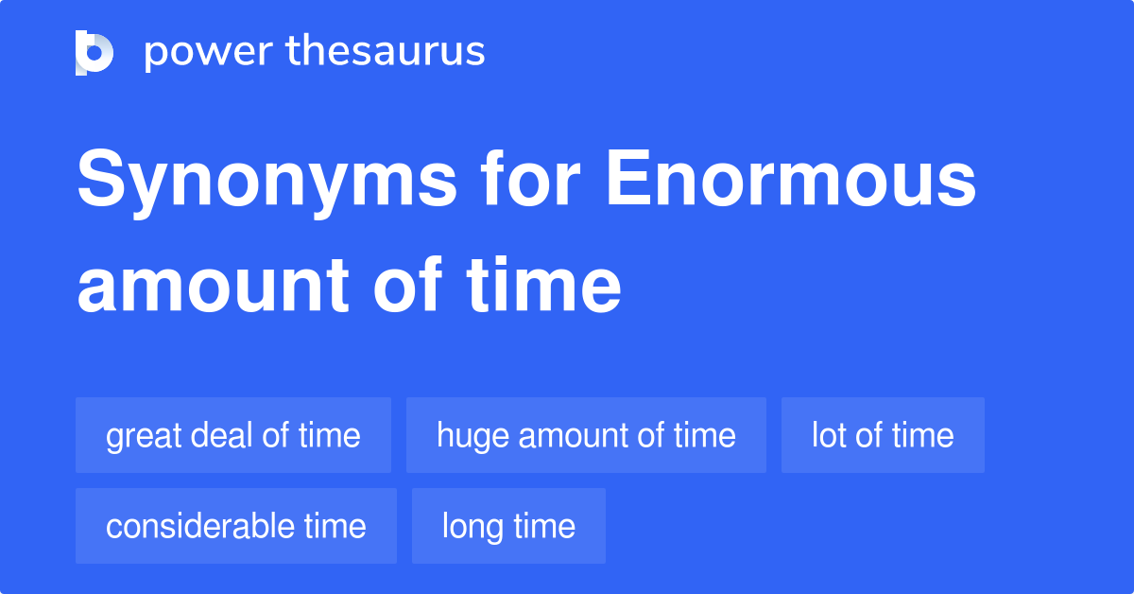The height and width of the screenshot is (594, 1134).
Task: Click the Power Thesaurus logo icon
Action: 94,53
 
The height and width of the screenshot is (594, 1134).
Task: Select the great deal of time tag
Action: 233,435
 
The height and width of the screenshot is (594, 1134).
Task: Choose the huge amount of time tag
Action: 586,435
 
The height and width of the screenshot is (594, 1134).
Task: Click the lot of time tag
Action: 883,435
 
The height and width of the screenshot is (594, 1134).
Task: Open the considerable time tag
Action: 236,526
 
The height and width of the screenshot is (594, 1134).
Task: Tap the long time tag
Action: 508,526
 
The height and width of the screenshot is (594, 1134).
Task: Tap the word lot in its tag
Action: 828,435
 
